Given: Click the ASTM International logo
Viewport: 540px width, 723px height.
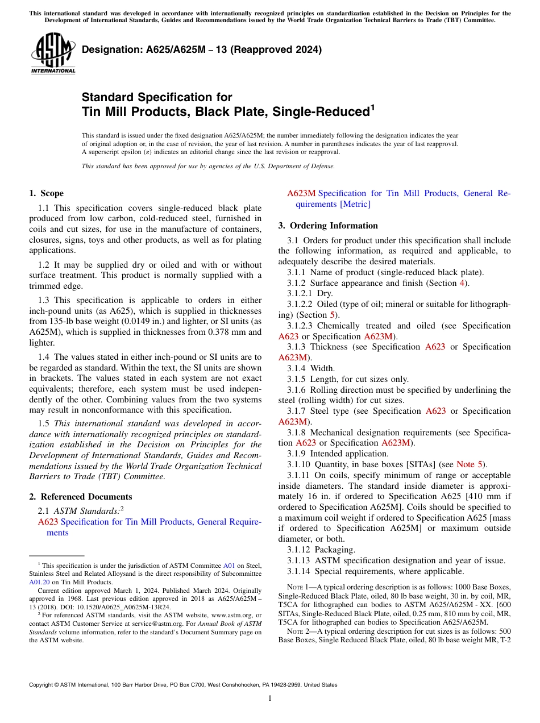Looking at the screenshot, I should tap(53, 53).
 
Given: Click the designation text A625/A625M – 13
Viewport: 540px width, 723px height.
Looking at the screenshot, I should tap(202, 49).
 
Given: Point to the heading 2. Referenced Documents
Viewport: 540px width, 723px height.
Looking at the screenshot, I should tap(81, 497).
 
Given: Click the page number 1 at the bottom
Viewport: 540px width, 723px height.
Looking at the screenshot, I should tap(270, 698).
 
